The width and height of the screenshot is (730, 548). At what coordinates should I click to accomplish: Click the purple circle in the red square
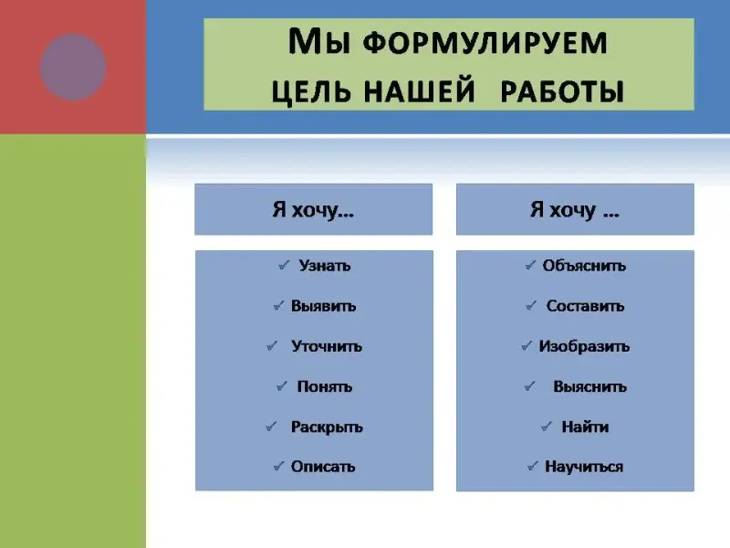73,67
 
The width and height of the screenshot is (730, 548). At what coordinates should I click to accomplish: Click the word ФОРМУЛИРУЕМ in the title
485,43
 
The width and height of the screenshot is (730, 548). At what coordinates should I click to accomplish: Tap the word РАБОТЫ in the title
562,90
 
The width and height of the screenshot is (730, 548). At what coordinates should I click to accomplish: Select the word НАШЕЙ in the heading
419,90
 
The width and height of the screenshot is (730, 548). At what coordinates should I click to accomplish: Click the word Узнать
325,266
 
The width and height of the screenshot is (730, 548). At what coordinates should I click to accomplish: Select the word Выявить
324,306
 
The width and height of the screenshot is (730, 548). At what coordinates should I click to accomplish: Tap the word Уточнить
327,346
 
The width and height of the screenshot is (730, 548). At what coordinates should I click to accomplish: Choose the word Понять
325,386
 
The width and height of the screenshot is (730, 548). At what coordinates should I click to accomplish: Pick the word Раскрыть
327,427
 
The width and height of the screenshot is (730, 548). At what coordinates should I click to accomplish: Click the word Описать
323,467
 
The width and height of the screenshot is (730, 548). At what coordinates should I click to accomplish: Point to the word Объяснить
584,266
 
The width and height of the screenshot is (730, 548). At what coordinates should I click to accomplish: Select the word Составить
585,306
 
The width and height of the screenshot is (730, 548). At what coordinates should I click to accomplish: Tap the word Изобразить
584,346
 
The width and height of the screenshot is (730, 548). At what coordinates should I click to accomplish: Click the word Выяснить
589,386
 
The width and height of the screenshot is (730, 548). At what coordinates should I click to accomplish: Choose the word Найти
585,427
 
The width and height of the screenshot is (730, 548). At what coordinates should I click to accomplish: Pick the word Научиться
584,467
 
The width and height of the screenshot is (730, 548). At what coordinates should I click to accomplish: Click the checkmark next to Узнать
284,265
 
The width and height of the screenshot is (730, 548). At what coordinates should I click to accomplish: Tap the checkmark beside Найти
547,426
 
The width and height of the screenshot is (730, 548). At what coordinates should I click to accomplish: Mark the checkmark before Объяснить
530,265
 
